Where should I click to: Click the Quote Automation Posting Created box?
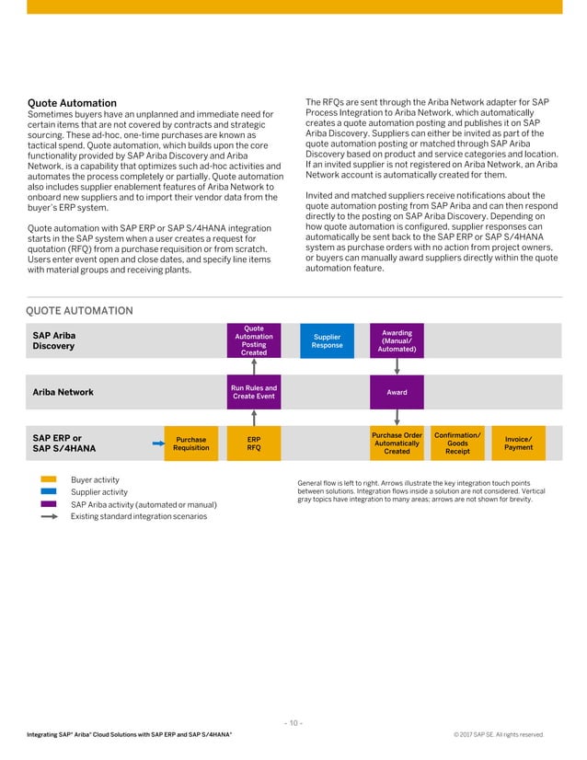[253, 340]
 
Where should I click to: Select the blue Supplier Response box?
[327, 340]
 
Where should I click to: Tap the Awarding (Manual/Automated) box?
[396, 340]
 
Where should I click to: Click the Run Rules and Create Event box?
[253, 392]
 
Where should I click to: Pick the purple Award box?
[396, 392]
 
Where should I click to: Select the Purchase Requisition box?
[190, 443]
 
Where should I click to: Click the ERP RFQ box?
[253, 443]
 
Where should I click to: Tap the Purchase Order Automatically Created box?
[396, 443]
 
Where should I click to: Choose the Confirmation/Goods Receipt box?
[457, 443]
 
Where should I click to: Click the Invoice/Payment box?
[518, 443]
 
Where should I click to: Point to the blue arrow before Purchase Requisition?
[157, 443]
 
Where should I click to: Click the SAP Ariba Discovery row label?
[54, 340]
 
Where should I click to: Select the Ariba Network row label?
[63, 392]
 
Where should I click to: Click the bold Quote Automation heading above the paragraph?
[72, 103]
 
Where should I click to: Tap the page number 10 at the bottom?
[293, 722]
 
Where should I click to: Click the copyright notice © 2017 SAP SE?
[498, 734]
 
